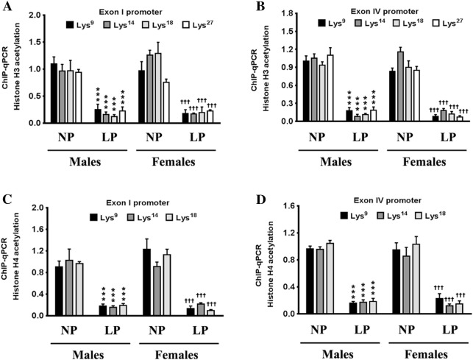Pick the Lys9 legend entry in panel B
(332, 23)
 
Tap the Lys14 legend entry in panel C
(138, 217)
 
